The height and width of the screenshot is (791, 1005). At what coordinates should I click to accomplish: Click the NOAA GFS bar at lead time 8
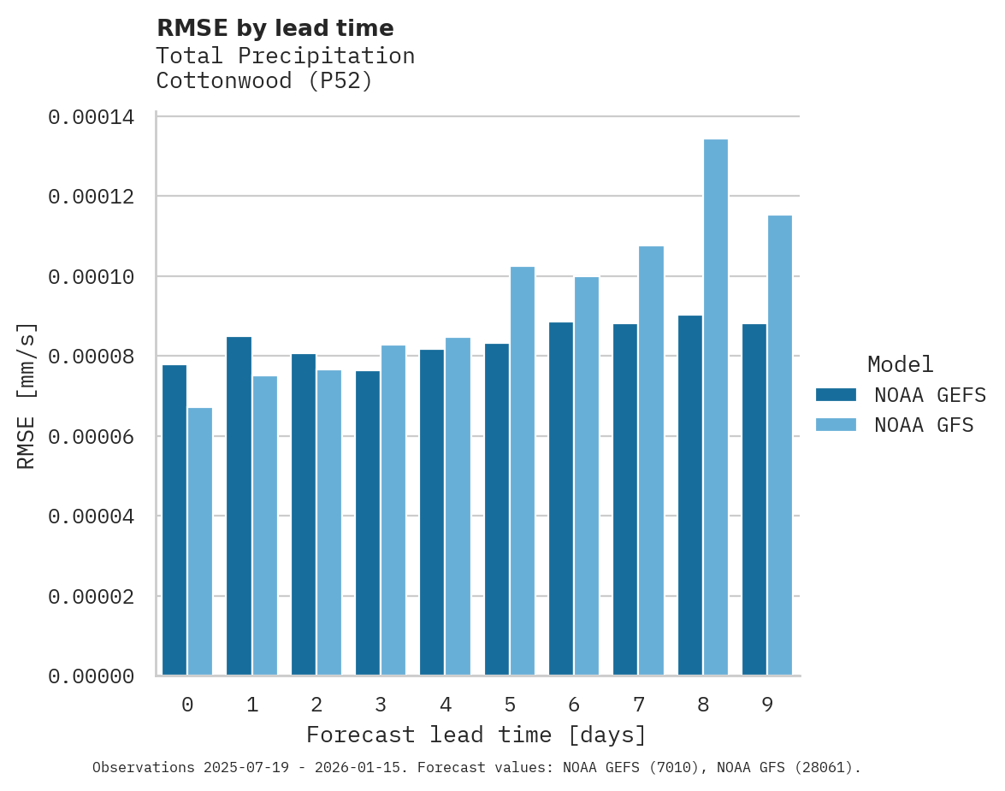click(715, 407)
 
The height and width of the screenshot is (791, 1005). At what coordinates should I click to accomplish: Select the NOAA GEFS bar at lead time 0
click(174, 520)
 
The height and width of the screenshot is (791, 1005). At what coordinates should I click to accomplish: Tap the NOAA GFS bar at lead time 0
click(200, 541)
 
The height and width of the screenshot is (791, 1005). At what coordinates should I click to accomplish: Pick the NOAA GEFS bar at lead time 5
click(497, 509)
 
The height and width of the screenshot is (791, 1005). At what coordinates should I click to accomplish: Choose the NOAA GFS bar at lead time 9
click(779, 445)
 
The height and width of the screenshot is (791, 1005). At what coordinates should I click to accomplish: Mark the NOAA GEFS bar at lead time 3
click(368, 522)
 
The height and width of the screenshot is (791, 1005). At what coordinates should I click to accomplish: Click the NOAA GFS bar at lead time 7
click(651, 460)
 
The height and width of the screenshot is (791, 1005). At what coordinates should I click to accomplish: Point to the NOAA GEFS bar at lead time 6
click(561, 499)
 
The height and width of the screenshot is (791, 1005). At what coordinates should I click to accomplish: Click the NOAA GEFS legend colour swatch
click(836, 394)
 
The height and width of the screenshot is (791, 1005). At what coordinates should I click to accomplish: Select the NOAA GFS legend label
click(924, 425)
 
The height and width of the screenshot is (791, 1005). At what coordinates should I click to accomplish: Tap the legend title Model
click(900, 364)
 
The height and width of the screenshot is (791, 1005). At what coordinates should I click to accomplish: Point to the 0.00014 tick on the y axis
click(91, 117)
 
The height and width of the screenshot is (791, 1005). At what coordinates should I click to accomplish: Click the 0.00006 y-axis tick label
click(91, 437)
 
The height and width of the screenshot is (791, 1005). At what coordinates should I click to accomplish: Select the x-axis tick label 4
click(446, 705)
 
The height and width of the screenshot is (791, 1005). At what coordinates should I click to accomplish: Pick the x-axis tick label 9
click(767, 705)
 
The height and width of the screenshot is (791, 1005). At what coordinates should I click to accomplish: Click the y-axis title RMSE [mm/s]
click(27, 396)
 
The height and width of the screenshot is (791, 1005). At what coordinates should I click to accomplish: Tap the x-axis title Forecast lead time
click(476, 735)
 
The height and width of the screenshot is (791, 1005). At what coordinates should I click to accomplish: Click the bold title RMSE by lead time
click(275, 28)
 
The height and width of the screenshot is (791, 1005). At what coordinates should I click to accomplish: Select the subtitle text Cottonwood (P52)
click(264, 81)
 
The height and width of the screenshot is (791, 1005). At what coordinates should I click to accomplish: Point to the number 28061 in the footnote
click(824, 768)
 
